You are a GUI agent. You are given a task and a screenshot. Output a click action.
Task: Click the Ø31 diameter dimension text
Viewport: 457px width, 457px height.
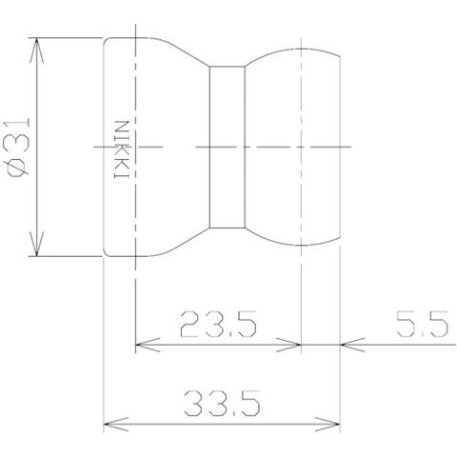(16, 148)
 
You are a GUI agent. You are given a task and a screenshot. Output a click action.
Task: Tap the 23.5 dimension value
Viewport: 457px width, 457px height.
(218, 324)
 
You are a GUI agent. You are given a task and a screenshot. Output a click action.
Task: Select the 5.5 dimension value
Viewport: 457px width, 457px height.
(423, 324)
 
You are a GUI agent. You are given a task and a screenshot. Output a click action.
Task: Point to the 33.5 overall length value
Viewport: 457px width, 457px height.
(222, 404)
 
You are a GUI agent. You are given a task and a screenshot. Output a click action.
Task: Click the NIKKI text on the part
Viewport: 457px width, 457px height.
(122, 149)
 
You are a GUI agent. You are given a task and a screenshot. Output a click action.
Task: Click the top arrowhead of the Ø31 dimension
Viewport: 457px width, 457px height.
(36, 50)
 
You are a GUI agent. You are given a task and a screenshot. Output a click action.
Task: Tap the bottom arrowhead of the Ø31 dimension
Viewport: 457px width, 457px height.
(36, 244)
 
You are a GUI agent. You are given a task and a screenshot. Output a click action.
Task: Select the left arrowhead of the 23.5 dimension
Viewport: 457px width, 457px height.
(148, 345)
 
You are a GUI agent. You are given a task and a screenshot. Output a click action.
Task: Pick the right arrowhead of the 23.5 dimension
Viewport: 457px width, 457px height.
(288, 345)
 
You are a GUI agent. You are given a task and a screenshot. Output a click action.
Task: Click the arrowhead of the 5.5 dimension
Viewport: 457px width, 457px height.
(352, 345)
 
